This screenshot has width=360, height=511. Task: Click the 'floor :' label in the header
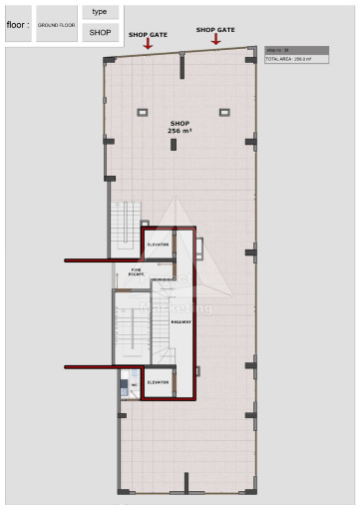[x=17, y=25]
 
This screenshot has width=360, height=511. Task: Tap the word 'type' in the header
[x=100, y=11]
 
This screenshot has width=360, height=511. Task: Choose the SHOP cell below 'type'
[x=100, y=33]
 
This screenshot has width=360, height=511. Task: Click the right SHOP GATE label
[x=215, y=30]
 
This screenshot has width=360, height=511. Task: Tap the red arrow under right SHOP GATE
[x=215, y=40]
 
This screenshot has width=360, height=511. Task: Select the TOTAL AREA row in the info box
[x=288, y=59]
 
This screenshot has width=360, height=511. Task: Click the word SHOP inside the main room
[x=180, y=123]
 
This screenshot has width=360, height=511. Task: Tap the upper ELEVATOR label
[x=158, y=244]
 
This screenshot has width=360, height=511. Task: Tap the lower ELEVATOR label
[x=158, y=382]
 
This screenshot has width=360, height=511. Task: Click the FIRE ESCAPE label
[x=137, y=270]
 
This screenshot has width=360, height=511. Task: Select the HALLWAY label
[x=181, y=322]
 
